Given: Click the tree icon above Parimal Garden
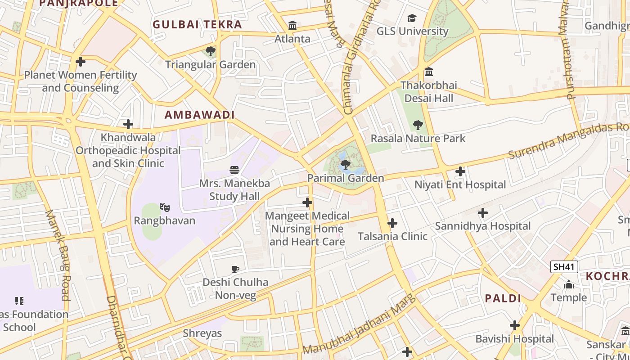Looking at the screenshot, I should [x=345, y=165].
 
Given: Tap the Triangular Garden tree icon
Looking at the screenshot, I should [x=210, y=51].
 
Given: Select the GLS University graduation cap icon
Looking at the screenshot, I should [x=412, y=18].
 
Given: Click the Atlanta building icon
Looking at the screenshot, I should [x=292, y=25].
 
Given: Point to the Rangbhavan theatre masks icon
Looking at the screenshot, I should [x=165, y=207].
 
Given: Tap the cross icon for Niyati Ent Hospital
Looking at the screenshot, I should [x=460, y=171].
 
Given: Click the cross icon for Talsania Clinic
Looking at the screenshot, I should [x=392, y=223].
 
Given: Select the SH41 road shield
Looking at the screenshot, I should [x=564, y=267].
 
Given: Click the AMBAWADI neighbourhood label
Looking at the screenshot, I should [x=199, y=115].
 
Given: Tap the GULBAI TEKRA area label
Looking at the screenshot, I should [x=197, y=25].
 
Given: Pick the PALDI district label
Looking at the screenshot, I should [x=503, y=298].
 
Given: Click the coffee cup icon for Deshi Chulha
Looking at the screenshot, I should [x=235, y=269].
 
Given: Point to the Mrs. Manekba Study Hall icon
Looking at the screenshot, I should [x=234, y=170].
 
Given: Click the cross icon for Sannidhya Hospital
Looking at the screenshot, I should [x=482, y=213].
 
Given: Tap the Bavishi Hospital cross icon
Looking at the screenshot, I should [x=515, y=325].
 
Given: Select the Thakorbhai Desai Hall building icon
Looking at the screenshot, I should [x=429, y=72].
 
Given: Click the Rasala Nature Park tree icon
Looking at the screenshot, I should [x=418, y=125].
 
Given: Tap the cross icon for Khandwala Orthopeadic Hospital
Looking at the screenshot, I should [x=128, y=124].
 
